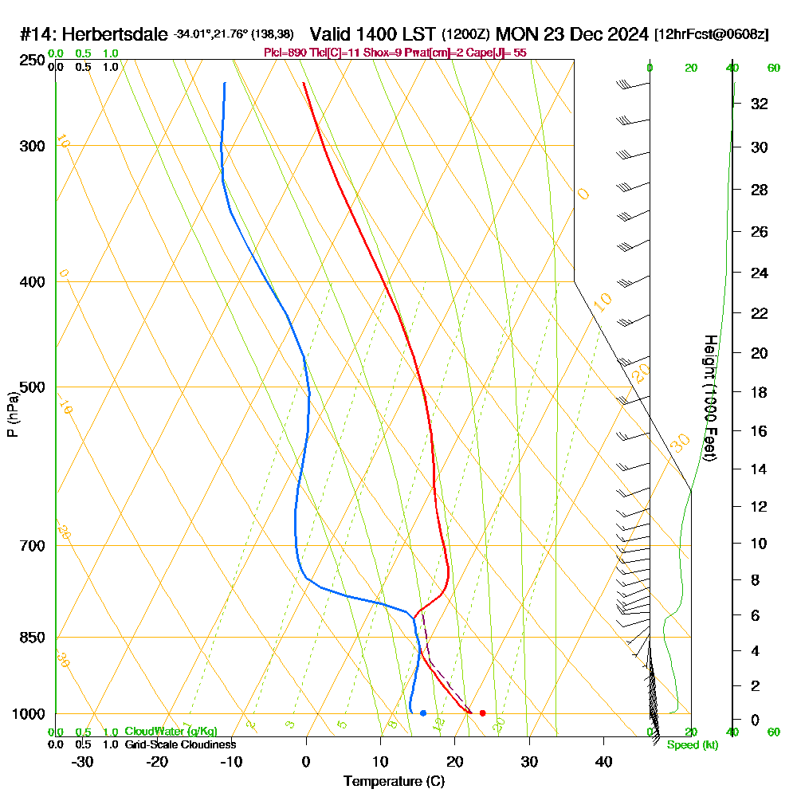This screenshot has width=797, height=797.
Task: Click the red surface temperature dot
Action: [482, 713]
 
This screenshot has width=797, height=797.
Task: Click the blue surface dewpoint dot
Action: [422, 713]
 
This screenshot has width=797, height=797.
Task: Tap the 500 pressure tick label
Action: [30, 387]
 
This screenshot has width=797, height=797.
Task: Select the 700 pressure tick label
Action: [30, 546]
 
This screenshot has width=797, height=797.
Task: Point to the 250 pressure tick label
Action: [30, 61]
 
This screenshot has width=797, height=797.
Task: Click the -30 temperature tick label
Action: [82, 761]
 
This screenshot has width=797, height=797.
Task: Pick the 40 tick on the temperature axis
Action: [603, 761]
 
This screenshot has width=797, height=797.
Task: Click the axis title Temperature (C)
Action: [394, 781]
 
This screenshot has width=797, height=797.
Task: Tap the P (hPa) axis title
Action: [12, 414]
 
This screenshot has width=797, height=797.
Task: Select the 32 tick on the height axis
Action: [760, 104]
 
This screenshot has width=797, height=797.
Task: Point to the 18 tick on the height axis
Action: [760, 392]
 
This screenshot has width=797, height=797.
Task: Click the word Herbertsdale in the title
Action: [115, 35]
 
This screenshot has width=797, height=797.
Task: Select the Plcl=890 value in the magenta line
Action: [285, 53]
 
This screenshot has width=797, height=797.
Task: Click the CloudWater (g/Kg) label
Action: [171, 732]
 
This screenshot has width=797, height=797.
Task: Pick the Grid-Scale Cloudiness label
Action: [179, 744]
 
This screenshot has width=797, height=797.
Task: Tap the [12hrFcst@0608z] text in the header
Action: [711, 35]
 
